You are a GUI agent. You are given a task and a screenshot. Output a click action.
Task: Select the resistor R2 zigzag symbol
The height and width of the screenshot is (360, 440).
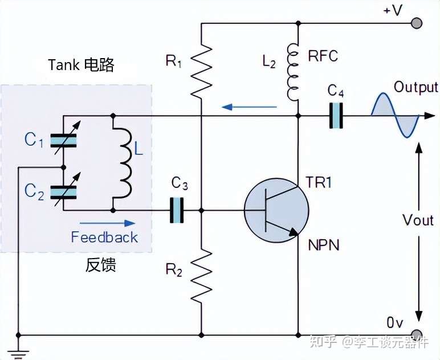pyautogui.click(x=201, y=277)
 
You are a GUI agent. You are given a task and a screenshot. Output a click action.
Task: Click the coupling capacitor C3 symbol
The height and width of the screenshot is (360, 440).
pyautogui.click(x=179, y=210)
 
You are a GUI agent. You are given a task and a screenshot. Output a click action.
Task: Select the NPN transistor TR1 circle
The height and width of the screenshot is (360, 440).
pyautogui.click(x=276, y=210)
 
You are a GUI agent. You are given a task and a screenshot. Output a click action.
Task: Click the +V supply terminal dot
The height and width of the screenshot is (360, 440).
pyautogui.click(x=417, y=23)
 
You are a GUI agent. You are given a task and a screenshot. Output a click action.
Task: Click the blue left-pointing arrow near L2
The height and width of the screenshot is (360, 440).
pyautogui.click(x=249, y=106)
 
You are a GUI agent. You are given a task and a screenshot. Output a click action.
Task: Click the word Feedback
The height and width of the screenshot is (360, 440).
pyautogui.click(x=104, y=238)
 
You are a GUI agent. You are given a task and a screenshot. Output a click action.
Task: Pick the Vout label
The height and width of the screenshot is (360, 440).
pyautogui.click(x=418, y=220)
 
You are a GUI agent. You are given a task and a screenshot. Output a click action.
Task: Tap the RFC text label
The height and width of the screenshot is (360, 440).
pyautogui.click(x=323, y=56)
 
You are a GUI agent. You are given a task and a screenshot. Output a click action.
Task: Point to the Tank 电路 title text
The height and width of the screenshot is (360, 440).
pyautogui.click(x=81, y=65)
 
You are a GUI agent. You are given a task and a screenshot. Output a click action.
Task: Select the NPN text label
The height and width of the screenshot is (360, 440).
pyautogui.click(x=323, y=246)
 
